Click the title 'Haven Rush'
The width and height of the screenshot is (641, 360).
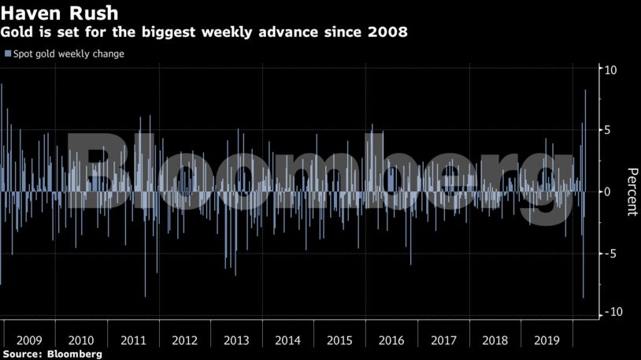point(59,13)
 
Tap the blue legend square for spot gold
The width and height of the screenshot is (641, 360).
point(7,54)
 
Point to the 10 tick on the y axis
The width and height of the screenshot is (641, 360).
point(610,70)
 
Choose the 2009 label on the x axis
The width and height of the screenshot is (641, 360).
point(29,340)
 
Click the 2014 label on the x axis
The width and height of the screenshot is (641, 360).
point(287,340)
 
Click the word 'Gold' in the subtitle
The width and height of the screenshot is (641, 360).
point(18,33)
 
